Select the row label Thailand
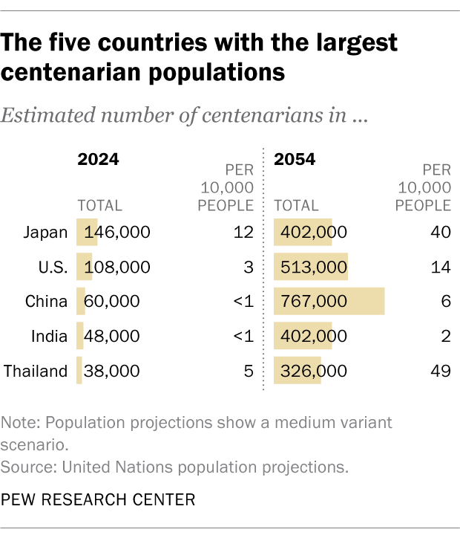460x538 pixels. point(36,371)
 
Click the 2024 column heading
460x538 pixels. point(99,159)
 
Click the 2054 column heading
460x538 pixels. point(295,159)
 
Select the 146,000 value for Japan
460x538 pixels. point(117,233)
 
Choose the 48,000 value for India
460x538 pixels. point(111,336)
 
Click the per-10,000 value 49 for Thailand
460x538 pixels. point(441,371)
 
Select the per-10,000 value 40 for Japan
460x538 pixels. point(441,233)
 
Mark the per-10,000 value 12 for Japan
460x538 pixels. point(243,233)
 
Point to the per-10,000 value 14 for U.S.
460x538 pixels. point(441,267)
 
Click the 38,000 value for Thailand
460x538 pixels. point(111,371)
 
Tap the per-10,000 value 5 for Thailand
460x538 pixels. point(249,371)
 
